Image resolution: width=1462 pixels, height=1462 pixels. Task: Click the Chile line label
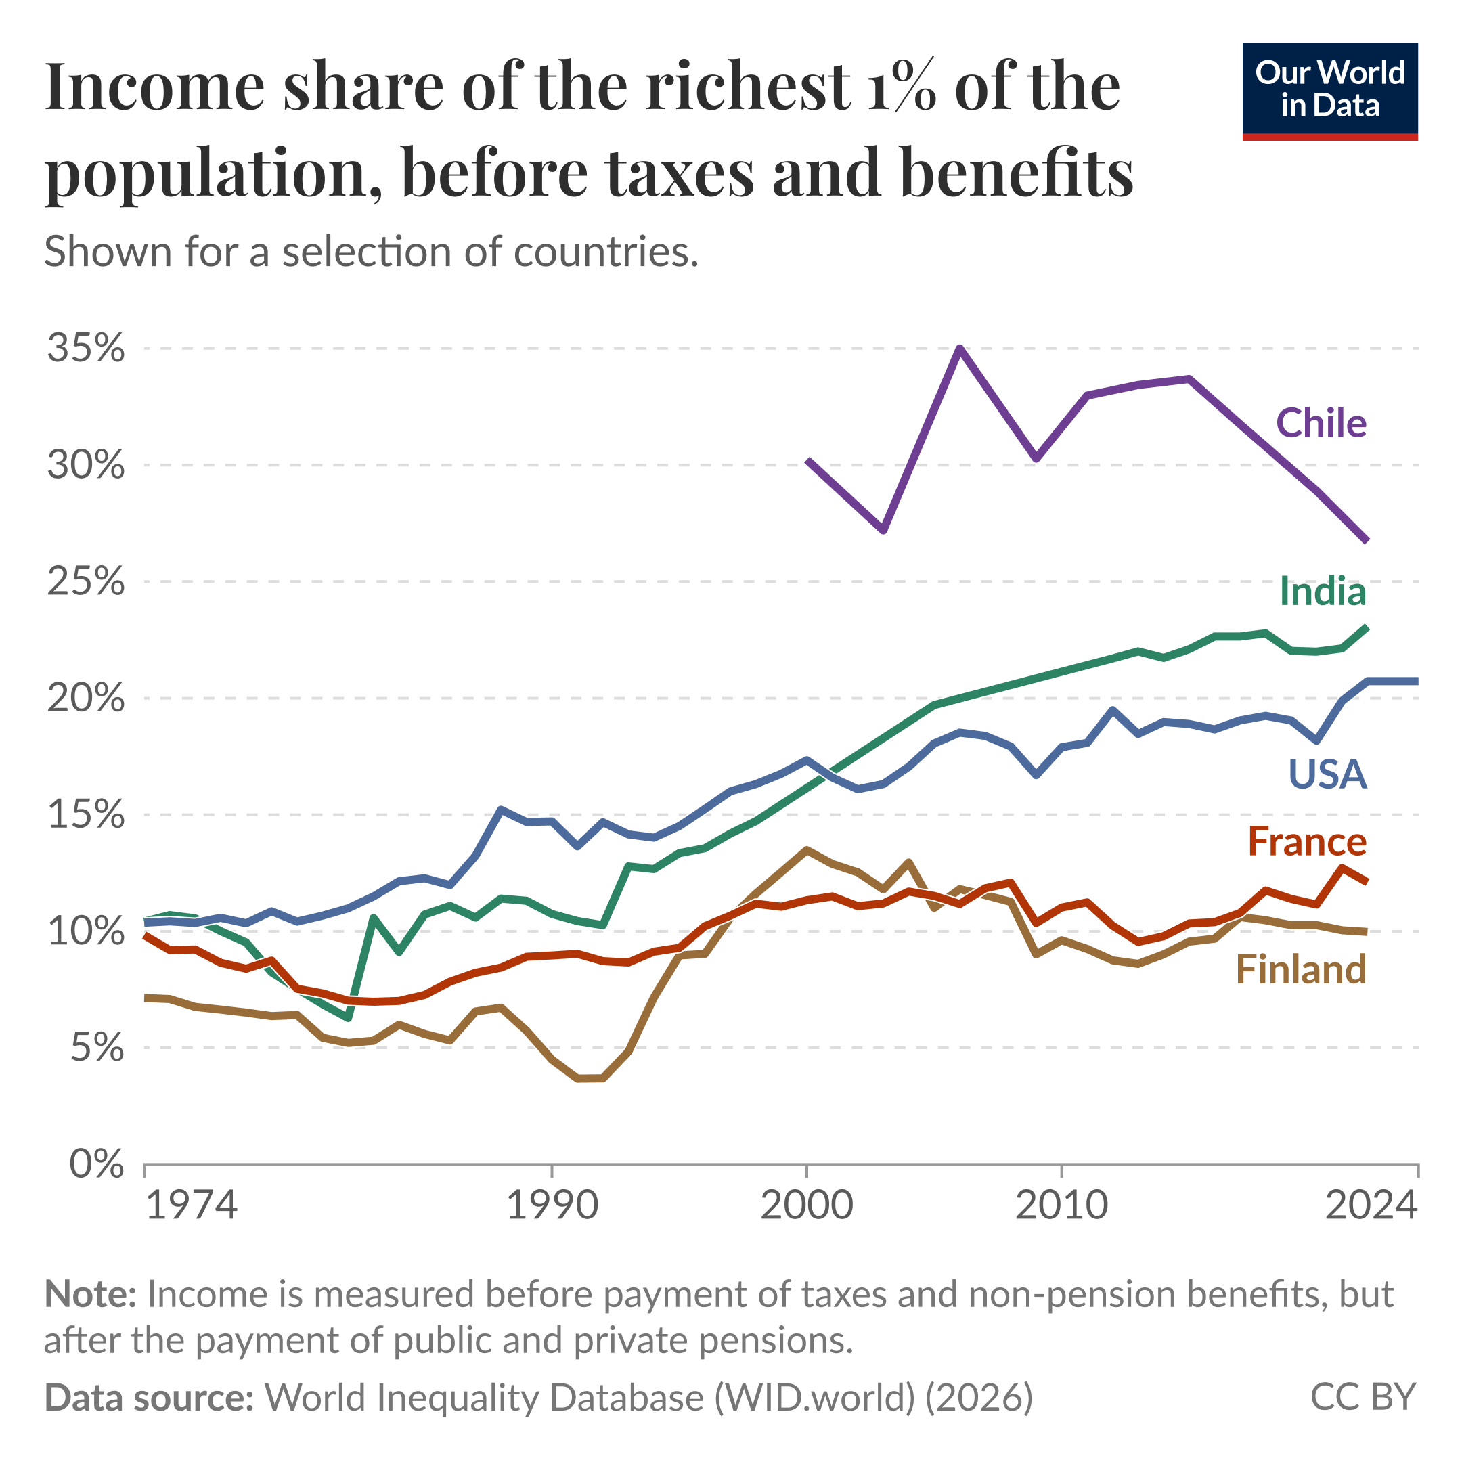(x=1321, y=423)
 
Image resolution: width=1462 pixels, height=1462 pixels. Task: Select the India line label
(x=1322, y=591)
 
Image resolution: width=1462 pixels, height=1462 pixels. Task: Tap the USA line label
(x=1327, y=774)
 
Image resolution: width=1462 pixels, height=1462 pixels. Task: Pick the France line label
(x=1307, y=841)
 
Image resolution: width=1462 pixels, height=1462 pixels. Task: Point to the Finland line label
(x=1301, y=969)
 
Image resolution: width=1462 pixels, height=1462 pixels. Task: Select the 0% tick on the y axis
(x=96, y=1164)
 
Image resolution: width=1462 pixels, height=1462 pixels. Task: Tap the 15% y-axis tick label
(x=85, y=815)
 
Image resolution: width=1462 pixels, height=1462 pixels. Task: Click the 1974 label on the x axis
(x=191, y=1205)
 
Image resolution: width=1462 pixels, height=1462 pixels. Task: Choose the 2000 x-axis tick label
(x=807, y=1205)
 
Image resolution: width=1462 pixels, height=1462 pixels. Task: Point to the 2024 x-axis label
(x=1371, y=1205)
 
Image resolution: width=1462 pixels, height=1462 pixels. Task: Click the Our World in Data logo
(x=1329, y=91)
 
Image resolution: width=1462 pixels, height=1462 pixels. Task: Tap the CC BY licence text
(x=1362, y=1397)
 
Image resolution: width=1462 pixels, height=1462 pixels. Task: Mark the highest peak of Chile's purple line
(x=960, y=349)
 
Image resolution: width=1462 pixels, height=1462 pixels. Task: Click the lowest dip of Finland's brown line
(x=590, y=1078)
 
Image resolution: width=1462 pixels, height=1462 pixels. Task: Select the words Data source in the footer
(x=149, y=1397)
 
